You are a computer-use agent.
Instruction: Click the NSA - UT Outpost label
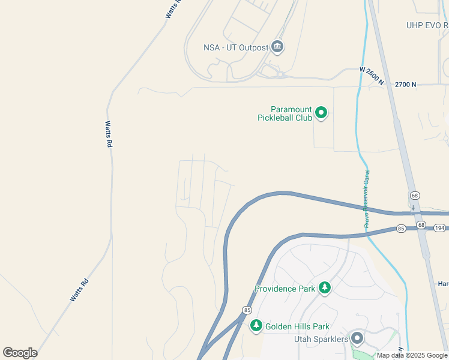pos(236,47)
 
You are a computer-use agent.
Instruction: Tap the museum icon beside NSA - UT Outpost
pos(277,46)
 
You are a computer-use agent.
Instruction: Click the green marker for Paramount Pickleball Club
pos(321,112)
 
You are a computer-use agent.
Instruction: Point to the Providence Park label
pos(285,289)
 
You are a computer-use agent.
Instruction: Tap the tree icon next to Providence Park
pos(325,288)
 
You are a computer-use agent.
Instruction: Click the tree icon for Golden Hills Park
pos(256,325)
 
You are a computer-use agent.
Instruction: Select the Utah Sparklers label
pos(321,340)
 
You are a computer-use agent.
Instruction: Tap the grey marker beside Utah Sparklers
pos(357,338)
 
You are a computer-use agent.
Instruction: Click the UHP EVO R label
pos(427,25)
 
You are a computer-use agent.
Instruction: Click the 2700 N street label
pos(405,85)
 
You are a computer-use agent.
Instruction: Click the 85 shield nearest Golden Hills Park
pos(247,310)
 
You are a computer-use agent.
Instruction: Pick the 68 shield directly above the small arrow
pos(414,196)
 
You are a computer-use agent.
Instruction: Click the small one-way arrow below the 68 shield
pos(413,208)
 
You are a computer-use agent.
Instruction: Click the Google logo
pos(20,353)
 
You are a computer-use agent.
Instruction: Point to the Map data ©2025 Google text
pos(412,355)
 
